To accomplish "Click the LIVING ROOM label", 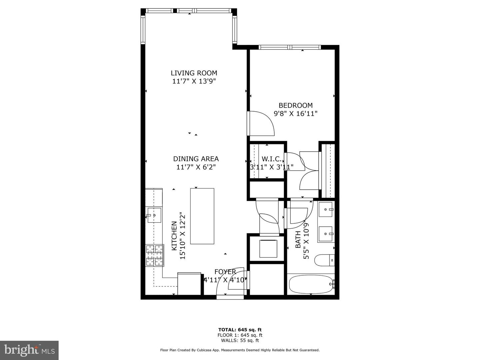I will pyautogui.click(x=194, y=73).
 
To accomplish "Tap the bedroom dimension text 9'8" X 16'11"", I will pyautogui.click(x=295, y=114).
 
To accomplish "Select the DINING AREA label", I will pyautogui.click(x=196, y=159).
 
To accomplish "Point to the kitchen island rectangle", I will pyautogui.click(x=202, y=216).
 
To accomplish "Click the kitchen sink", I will pyautogui.click(x=154, y=215).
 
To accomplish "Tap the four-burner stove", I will pyautogui.click(x=155, y=255).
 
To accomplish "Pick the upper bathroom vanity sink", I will pyautogui.click(x=326, y=209).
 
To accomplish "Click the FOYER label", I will pyautogui.click(x=225, y=272).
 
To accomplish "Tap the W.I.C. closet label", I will pyautogui.click(x=272, y=159).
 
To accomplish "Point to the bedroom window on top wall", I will pyautogui.click(x=290, y=47).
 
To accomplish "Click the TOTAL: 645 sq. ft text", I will pyautogui.click(x=240, y=330).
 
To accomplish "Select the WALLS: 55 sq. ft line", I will pyautogui.click(x=240, y=340).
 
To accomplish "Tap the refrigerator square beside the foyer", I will pyautogui.click(x=189, y=284).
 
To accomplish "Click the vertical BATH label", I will pyautogui.click(x=298, y=239).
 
